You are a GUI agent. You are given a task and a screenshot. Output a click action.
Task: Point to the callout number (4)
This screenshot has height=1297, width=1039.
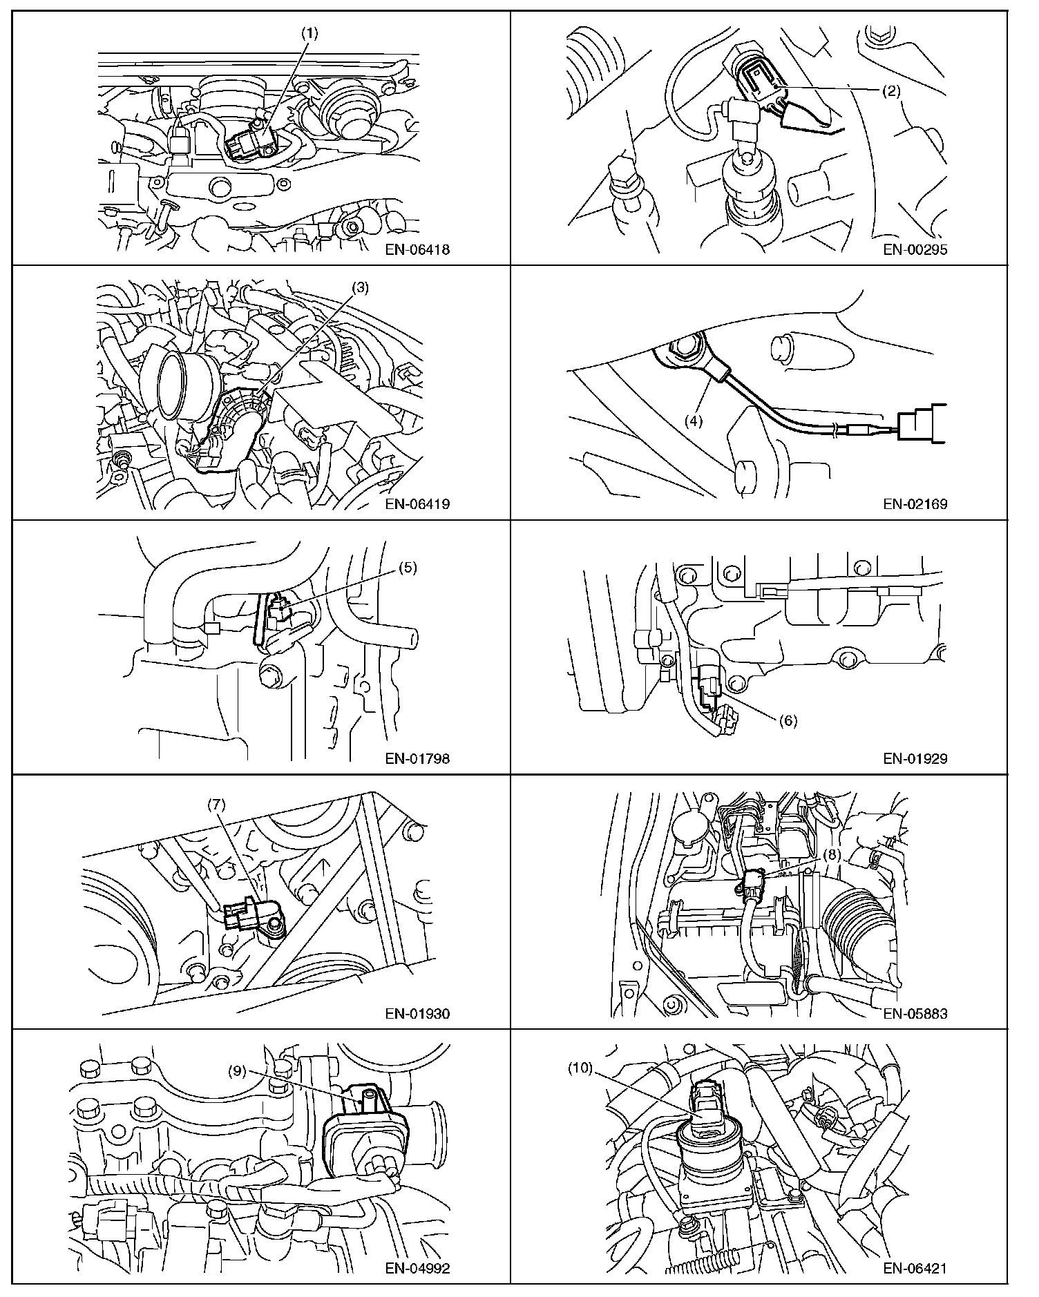[x=693, y=420]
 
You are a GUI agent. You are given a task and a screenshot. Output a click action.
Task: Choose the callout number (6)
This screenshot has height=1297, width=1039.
[x=788, y=721]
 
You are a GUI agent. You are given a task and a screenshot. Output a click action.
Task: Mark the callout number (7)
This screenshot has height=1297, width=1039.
[x=217, y=805]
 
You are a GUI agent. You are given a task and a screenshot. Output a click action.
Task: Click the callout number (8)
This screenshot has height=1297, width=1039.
[x=832, y=854]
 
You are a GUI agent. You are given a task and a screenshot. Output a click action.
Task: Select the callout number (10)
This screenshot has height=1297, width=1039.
[x=580, y=1068]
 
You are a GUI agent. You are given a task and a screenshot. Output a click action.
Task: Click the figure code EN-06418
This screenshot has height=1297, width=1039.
[x=417, y=249]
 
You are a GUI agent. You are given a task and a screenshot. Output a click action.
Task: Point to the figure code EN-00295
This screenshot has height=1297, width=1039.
[x=915, y=249]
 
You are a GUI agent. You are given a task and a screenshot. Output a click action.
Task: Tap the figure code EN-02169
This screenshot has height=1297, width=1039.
[x=915, y=504]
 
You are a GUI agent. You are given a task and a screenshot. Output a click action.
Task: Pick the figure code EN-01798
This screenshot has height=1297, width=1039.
[x=417, y=759]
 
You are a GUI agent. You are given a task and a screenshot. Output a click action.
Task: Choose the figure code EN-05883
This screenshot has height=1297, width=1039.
[x=915, y=1014]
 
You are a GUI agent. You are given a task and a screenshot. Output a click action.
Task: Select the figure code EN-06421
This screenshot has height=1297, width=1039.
[x=915, y=1269]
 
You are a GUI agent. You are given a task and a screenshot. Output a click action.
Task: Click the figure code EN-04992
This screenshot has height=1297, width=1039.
[x=417, y=1269]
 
